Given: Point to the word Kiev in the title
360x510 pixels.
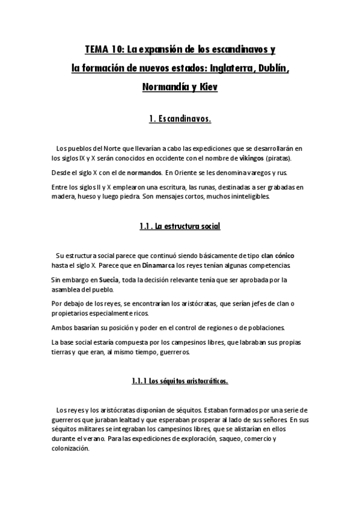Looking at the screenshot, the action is click(x=206, y=87).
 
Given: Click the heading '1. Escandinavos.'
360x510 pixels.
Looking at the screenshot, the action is click(x=180, y=119).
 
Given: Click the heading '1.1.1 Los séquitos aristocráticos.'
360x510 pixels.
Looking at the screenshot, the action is click(x=180, y=381).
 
